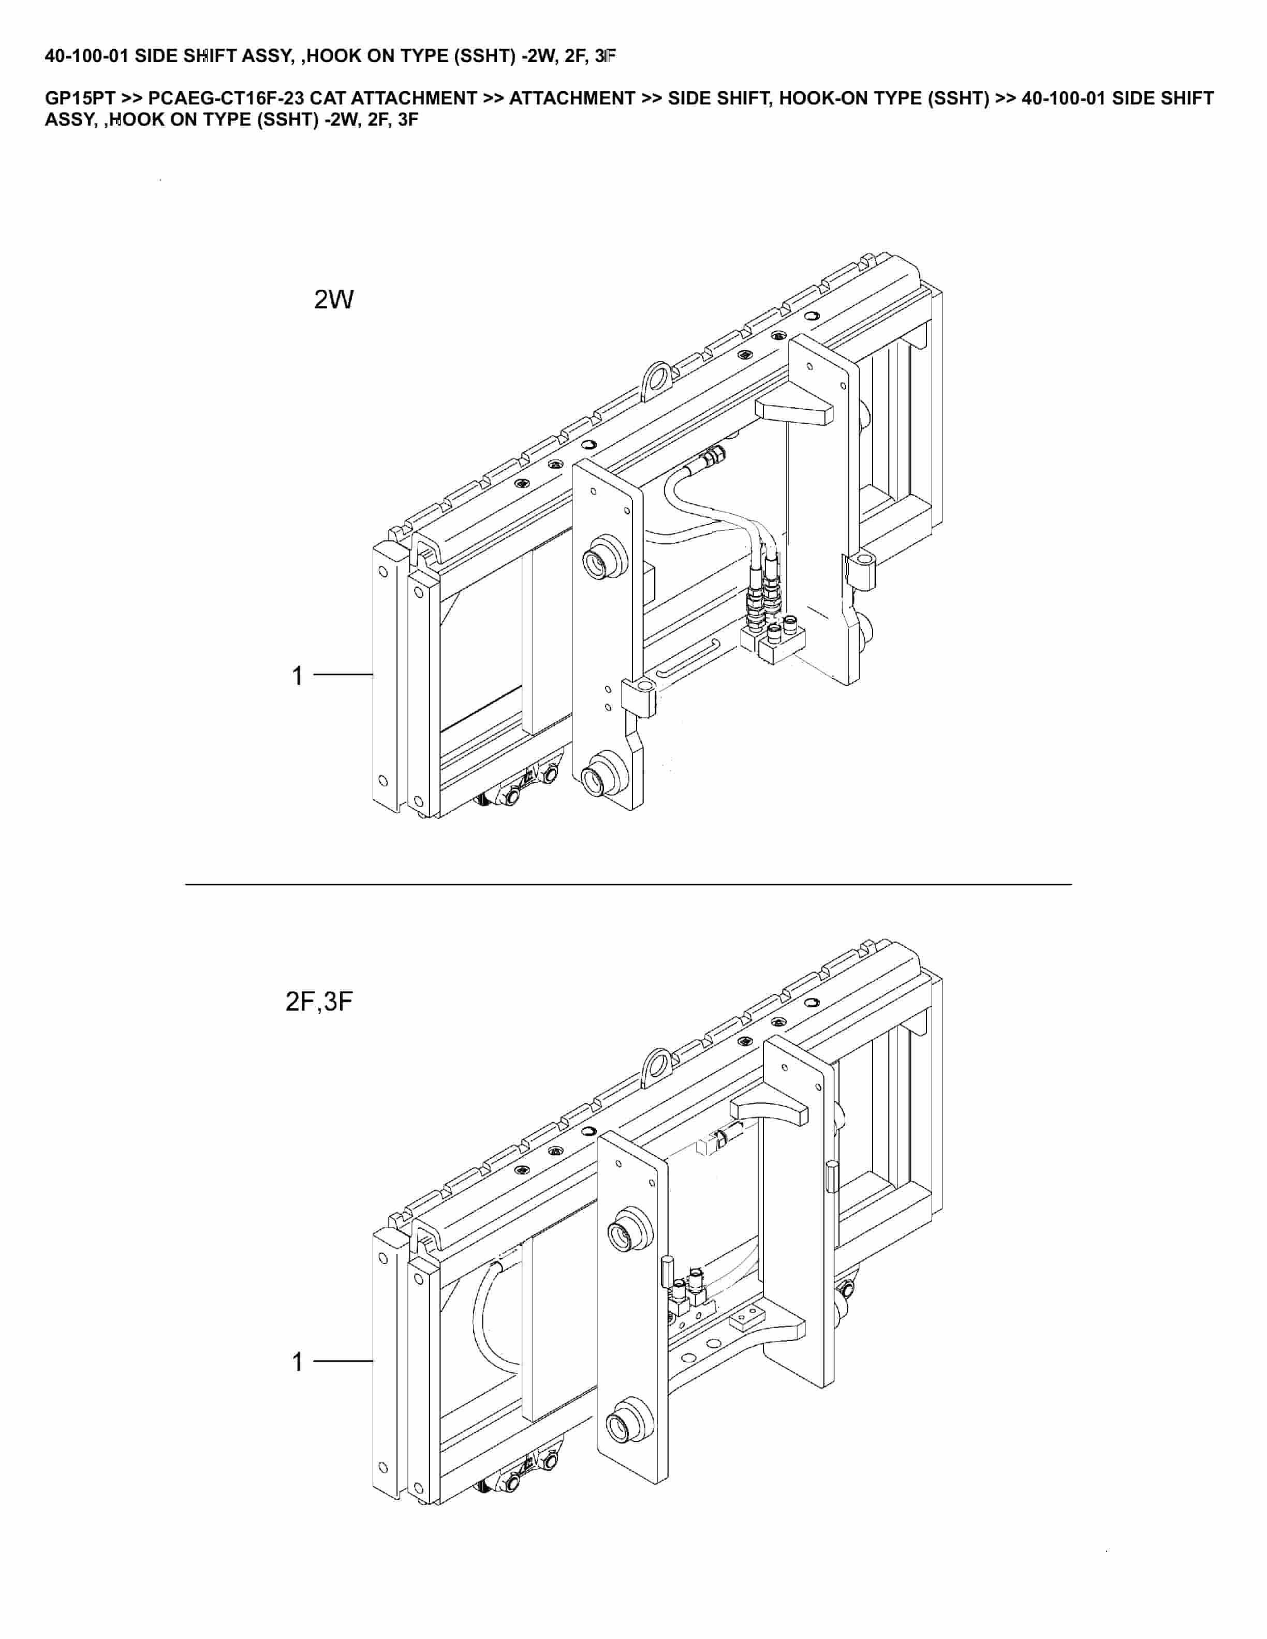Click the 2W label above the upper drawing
point(333,300)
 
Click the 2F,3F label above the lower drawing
point(318,1001)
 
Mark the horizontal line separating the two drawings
point(628,885)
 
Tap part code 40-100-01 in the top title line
point(86,55)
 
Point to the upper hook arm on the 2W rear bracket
point(794,412)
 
